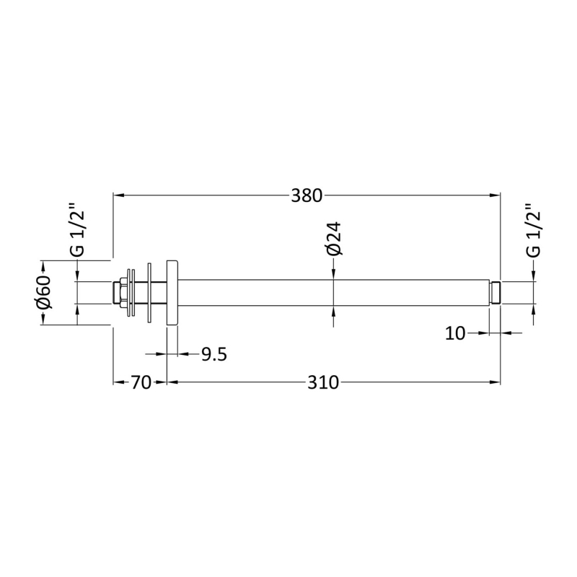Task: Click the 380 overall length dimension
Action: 307,195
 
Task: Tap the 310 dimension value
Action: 323,383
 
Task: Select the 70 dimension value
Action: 141,383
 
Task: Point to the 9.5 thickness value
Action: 214,354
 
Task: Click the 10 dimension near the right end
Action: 455,333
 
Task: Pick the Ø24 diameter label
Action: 334,239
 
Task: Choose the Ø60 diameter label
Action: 44,293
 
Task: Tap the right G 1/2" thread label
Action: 534,229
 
